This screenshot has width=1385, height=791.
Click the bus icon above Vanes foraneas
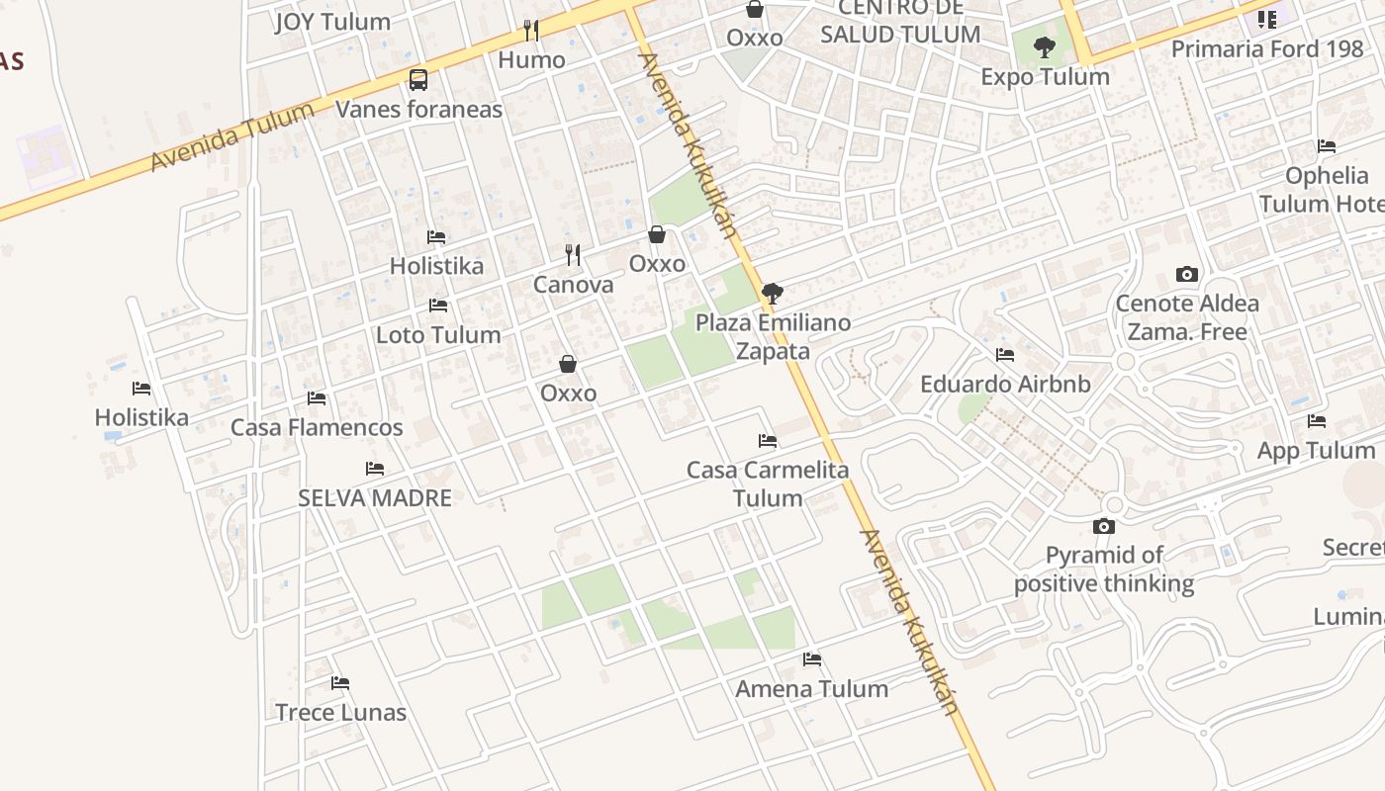pos(418,80)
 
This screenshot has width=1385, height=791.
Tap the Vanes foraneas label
pos(418,109)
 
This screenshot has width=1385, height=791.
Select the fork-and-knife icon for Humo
pos(531,31)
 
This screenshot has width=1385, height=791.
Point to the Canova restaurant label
pos(573,285)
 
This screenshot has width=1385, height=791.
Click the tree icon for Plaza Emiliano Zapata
pos(773,293)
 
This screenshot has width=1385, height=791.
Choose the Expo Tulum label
pos(1045,77)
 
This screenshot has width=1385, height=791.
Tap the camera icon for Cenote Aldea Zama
pos(1187,274)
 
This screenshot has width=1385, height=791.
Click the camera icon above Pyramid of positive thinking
pos(1104,526)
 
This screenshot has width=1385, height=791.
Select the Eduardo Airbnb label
pos(1005,385)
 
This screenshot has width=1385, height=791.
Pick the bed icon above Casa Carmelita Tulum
pos(768,440)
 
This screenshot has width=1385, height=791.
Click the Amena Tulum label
pos(811,689)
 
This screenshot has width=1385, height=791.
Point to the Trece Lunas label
pos(340,713)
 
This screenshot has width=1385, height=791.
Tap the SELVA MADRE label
pos(375,498)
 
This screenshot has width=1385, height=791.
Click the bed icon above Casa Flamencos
pos(317,397)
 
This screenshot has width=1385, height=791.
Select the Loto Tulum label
pos(438,335)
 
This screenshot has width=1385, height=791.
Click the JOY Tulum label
pos(332,22)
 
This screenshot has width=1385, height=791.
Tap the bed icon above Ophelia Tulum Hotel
pos(1327,146)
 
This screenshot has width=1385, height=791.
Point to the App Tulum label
pos(1316,451)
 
